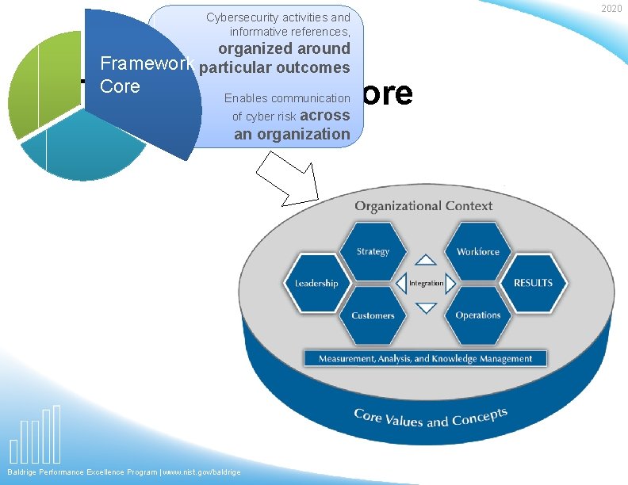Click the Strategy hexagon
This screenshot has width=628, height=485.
click(373, 251)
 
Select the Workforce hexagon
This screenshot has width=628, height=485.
click(478, 251)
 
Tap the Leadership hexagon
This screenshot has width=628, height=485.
click(316, 283)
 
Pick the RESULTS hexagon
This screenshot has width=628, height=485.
click(533, 283)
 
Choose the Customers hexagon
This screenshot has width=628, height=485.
click(373, 315)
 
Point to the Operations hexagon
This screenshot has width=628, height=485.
click(478, 315)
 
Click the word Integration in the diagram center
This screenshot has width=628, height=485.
click(426, 283)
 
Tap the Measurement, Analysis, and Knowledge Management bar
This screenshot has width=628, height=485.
click(425, 358)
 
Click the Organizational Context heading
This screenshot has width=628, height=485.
click(423, 206)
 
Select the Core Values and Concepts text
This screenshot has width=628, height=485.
click(430, 418)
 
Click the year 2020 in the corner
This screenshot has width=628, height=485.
click(611, 8)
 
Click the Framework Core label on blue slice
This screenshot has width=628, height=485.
click(135, 76)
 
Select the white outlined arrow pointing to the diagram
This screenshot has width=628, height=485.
click(289, 180)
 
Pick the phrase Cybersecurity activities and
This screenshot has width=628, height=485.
click(278, 17)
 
